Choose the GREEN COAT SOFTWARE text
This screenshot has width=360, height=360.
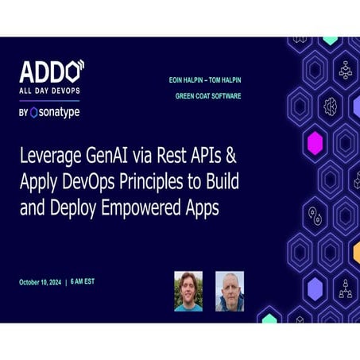[x=220, y=96]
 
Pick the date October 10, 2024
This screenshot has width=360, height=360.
[x=49, y=283]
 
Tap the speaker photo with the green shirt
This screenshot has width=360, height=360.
[x=188, y=290]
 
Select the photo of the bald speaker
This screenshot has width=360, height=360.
[x=230, y=290]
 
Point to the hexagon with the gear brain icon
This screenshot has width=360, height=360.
[x=331, y=105]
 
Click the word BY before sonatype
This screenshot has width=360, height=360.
[x=23, y=113]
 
